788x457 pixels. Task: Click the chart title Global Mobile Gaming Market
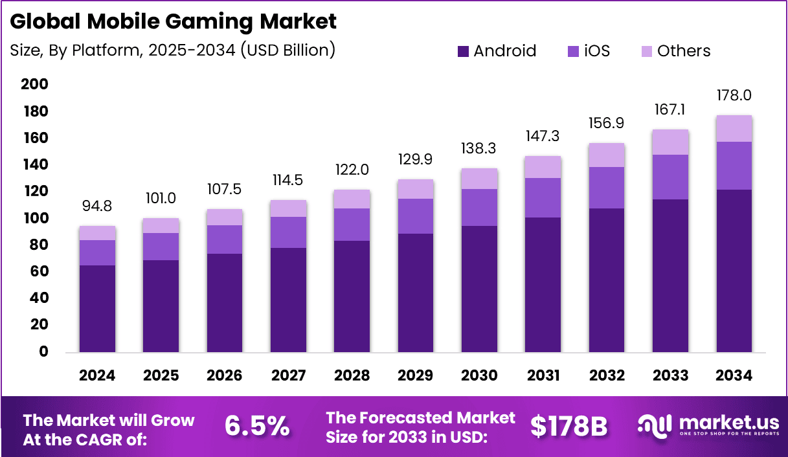tap(174, 21)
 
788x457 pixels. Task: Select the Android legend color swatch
tap(463, 51)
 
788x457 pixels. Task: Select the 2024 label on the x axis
tap(97, 375)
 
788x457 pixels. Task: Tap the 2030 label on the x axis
tap(479, 375)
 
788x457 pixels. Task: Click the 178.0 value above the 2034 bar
tap(734, 96)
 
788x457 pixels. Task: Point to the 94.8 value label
tap(97, 206)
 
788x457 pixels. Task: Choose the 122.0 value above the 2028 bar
tap(352, 170)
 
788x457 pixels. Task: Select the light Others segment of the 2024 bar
tap(97, 233)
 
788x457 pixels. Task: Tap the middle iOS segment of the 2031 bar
tap(543, 197)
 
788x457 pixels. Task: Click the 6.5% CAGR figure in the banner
tap(256, 425)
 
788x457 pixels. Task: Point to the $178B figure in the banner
tap(568, 425)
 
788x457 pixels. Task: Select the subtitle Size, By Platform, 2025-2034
tap(172, 50)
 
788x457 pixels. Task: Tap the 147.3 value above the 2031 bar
tap(543, 137)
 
